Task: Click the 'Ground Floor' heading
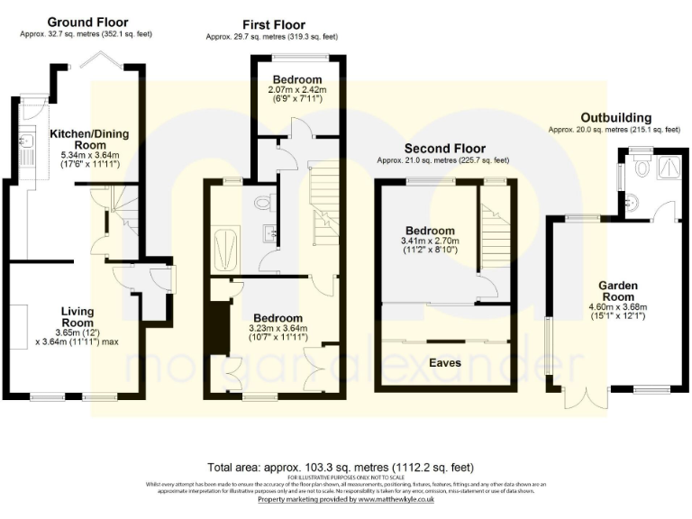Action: coord(87,22)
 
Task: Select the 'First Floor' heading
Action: coord(274,24)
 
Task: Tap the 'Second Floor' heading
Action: coord(444,148)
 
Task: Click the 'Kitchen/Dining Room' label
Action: coord(88,139)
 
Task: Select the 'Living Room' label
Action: coord(77,316)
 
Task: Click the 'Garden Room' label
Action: coord(619,291)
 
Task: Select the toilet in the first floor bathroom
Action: coord(264,203)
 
